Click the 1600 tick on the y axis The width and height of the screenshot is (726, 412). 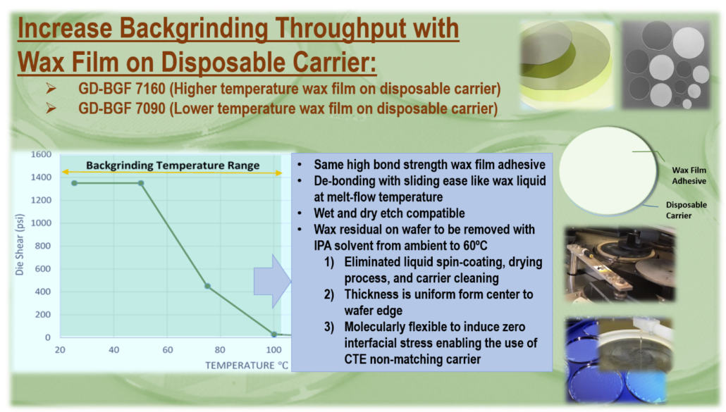coord(41,154)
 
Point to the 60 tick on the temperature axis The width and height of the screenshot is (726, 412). coord(168,350)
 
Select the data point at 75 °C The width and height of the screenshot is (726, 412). coord(207,287)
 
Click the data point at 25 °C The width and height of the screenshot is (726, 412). coord(74,184)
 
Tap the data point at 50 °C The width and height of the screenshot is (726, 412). coord(141,184)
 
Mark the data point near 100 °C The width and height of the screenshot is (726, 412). coord(274,334)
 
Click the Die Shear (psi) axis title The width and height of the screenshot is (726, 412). coord(20,244)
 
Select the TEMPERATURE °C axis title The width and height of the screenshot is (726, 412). coord(246,366)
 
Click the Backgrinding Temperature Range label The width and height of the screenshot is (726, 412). coord(173,166)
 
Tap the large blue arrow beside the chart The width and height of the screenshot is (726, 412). coord(272,281)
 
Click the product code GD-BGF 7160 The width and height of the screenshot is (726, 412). coord(122,88)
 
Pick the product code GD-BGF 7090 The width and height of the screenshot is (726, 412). coord(122,108)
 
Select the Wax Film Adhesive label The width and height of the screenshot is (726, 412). coord(689,175)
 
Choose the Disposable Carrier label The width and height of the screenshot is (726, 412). coord(687,210)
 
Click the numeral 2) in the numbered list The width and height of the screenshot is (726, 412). coord(329,294)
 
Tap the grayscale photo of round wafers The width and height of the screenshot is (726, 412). coord(665,65)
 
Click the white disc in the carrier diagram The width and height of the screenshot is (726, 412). coord(608,170)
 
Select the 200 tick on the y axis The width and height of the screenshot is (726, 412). coord(42,315)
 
